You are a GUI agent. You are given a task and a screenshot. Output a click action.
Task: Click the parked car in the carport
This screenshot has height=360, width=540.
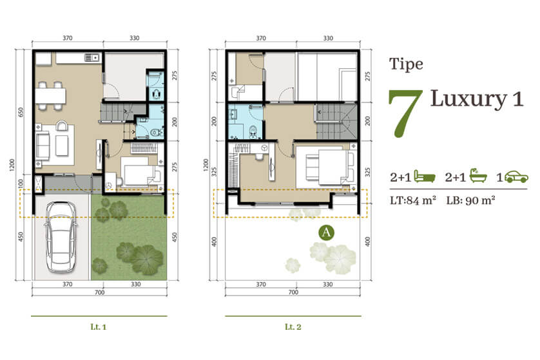(61, 237)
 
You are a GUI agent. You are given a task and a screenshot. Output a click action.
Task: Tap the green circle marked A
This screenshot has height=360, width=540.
(326, 232)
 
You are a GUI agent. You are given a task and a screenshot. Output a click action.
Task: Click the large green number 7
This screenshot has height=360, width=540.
(405, 113)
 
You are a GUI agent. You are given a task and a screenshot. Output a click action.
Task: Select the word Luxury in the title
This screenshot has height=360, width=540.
(468, 99)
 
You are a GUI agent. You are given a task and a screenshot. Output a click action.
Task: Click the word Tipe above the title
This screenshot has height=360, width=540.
(407, 64)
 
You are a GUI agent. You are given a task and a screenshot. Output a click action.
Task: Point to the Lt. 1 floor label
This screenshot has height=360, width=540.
(99, 327)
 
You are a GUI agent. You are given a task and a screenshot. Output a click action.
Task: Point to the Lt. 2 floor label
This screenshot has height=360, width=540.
(293, 327)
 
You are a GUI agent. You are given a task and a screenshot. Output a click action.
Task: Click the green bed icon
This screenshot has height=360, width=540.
(424, 176)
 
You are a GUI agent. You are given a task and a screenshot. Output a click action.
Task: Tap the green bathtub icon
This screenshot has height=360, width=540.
(478, 176)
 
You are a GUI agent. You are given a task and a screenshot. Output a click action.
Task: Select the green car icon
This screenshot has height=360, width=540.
(517, 177)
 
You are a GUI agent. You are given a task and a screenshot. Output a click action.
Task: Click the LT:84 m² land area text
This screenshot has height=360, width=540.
(413, 200)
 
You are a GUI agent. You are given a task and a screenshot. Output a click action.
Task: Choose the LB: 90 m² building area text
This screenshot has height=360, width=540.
(471, 200)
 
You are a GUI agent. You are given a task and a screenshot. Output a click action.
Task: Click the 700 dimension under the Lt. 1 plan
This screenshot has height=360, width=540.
(99, 292)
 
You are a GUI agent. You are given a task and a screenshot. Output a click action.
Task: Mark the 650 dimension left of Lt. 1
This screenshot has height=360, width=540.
(21, 112)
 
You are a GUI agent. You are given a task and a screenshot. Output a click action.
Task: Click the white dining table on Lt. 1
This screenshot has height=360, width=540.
(51, 96)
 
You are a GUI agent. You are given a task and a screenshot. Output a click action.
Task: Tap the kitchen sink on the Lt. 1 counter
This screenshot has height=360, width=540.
(92, 58)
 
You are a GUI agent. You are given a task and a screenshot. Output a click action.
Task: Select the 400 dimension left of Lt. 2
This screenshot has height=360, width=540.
(214, 242)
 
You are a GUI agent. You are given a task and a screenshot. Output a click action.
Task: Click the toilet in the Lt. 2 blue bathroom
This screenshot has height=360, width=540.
(253, 131)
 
